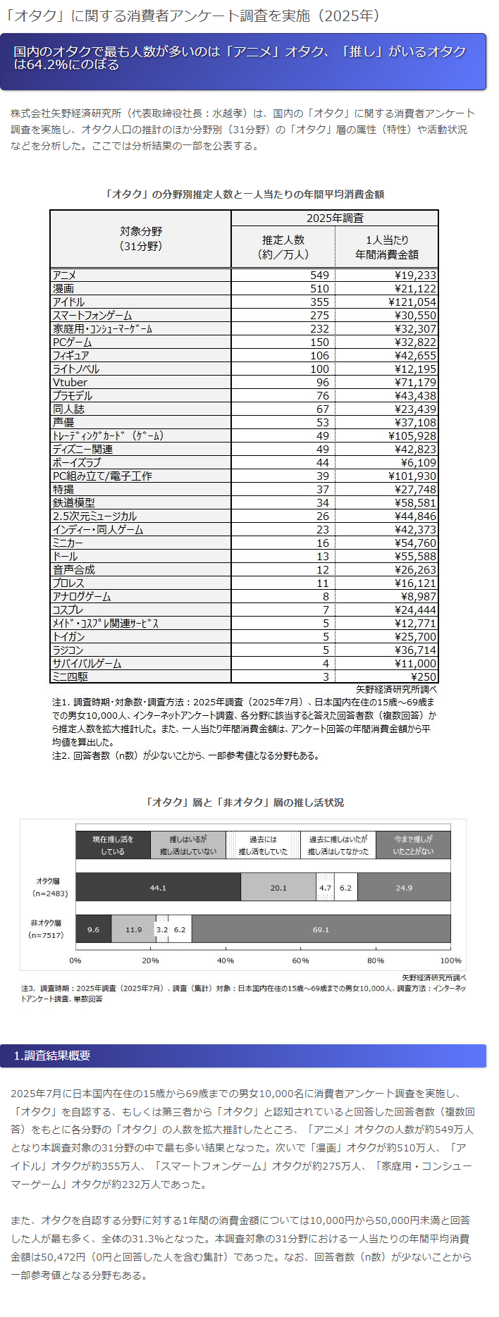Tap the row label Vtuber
pyautogui.click(x=70, y=383)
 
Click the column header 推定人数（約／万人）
pyautogui.click(x=283, y=247)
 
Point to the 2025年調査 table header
pyautogui.click(x=335, y=218)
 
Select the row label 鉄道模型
pyautogui.click(x=73, y=503)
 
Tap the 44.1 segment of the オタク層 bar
pyautogui.click(x=158, y=888)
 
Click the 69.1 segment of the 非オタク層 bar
pyautogui.click(x=321, y=929)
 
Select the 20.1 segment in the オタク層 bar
pyautogui.click(x=278, y=888)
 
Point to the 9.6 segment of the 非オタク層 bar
pyautogui.click(x=93, y=929)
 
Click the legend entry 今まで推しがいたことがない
pyautogui.click(x=413, y=846)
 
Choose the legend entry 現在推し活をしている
pyautogui.click(x=113, y=846)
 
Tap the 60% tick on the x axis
pyautogui.click(x=300, y=960)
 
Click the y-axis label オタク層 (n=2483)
pyautogui.click(x=48, y=887)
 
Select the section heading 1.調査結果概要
pyautogui.click(x=52, y=1056)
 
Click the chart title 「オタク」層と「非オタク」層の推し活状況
pyautogui.click(x=244, y=803)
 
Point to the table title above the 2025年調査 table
pyautogui.click(x=244, y=194)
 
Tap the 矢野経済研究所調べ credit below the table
pyautogui.click(x=406, y=689)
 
